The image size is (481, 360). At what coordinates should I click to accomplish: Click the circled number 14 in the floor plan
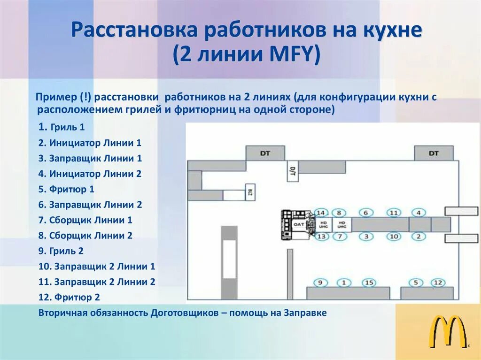(321, 213)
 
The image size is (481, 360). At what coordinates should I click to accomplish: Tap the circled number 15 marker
(369, 283)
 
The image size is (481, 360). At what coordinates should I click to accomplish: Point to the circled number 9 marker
(321, 283)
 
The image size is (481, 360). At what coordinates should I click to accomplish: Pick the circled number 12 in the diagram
(438, 283)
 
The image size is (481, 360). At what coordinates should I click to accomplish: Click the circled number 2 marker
(418, 237)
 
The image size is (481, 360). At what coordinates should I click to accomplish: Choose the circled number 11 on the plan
(395, 213)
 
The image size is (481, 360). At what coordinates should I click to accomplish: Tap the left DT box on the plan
(265, 153)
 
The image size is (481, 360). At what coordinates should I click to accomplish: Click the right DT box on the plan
(433, 153)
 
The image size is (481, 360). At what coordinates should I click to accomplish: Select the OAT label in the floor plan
(299, 225)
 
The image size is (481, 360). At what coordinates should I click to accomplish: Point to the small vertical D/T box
(292, 172)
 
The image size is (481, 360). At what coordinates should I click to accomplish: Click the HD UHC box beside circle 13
(323, 225)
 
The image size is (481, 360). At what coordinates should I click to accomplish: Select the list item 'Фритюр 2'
(70, 298)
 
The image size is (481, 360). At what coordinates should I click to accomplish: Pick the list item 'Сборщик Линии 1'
(85, 220)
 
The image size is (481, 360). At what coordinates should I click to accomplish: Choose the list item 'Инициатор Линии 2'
(90, 174)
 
